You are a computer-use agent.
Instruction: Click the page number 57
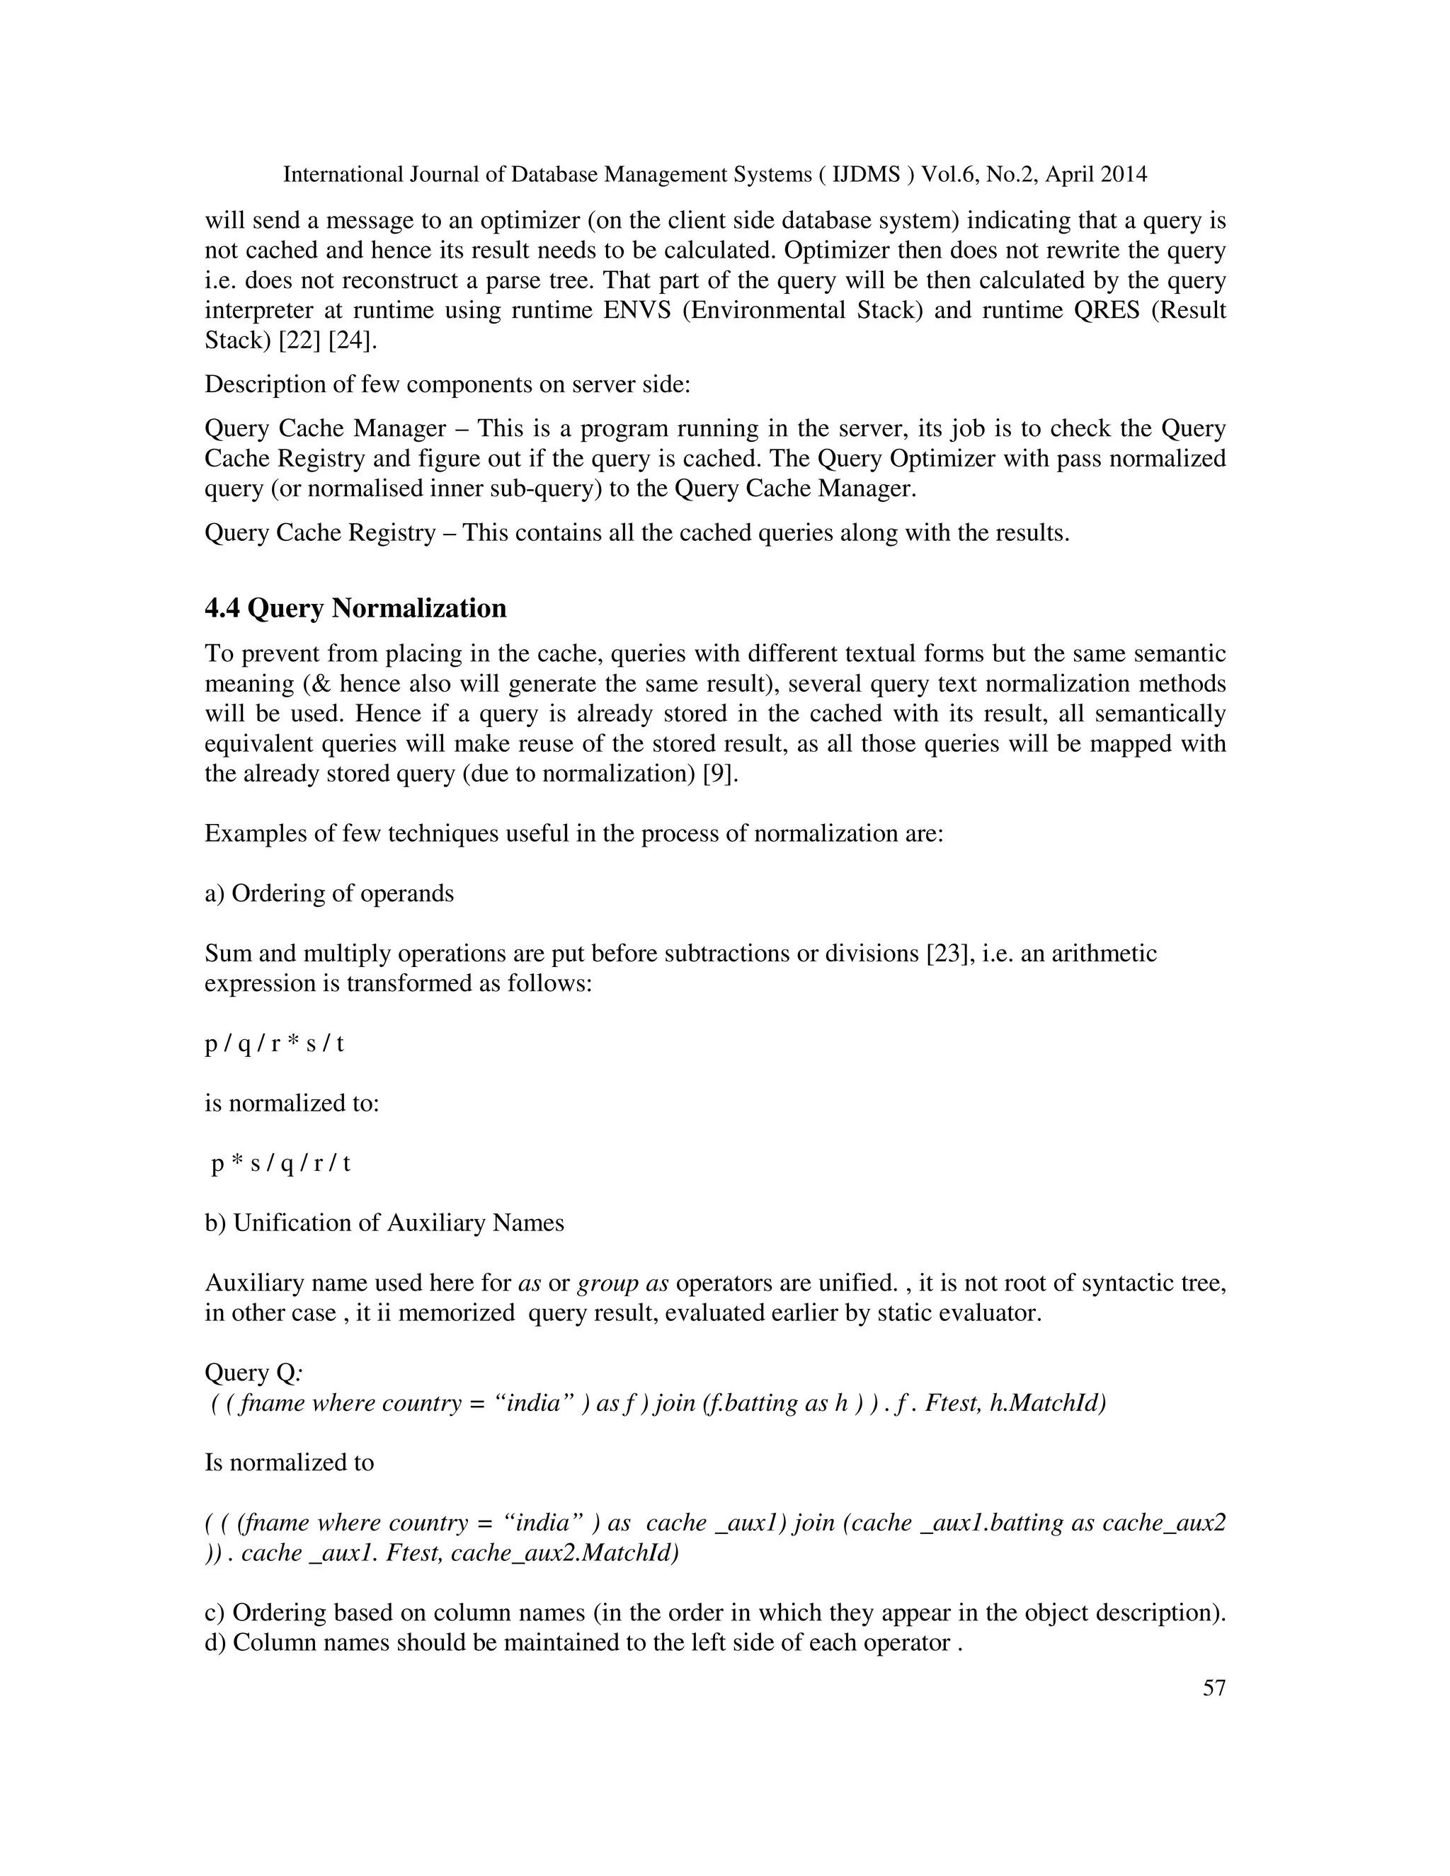click(x=1213, y=1688)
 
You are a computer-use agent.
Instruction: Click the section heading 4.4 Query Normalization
click(x=355, y=608)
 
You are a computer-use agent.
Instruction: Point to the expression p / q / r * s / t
click(x=274, y=1043)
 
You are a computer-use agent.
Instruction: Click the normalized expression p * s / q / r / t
click(x=281, y=1163)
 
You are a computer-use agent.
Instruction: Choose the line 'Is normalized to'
click(x=289, y=1462)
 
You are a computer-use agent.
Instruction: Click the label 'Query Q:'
click(x=253, y=1373)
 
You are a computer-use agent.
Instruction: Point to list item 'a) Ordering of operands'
click(x=329, y=893)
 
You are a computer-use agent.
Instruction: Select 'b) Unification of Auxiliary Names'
click(x=384, y=1223)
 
